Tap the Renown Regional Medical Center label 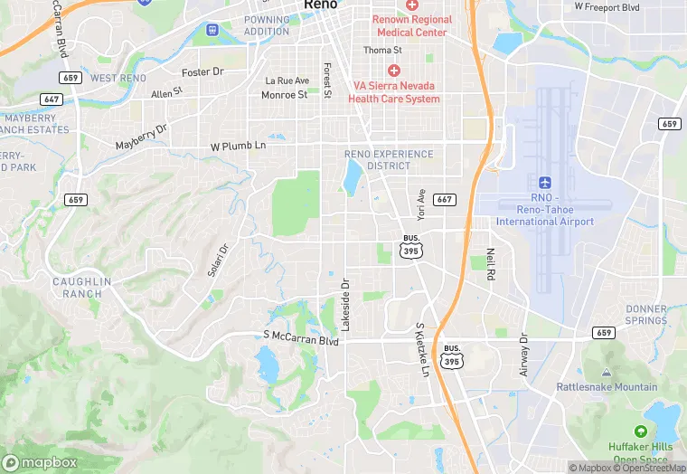pos(412,25)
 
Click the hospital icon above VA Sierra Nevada pos(394,71)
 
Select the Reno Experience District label pos(389,160)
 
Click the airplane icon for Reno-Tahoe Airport pos(544,183)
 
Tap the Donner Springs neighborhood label pos(645,315)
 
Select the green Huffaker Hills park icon pos(641,432)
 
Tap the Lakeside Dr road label pos(344,303)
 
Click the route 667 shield pos(444,199)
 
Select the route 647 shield pos(52,99)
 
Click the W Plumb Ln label pos(238,146)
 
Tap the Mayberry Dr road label pos(142,137)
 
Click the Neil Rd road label pos(492,265)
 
